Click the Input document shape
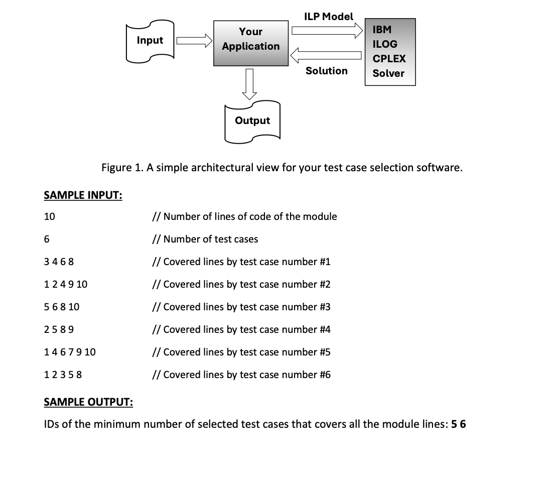(150, 41)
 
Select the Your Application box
(250, 43)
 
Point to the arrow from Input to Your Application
(193, 40)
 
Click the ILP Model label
(329, 17)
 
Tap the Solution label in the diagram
(327, 71)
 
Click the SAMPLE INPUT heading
(83, 195)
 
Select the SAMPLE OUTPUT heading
(88, 402)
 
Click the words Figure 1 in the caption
(122, 168)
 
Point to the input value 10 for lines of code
(50, 217)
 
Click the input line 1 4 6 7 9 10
(70, 352)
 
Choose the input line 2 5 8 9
(60, 330)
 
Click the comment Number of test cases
(206, 240)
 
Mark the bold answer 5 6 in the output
(459, 424)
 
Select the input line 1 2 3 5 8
(63, 375)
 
